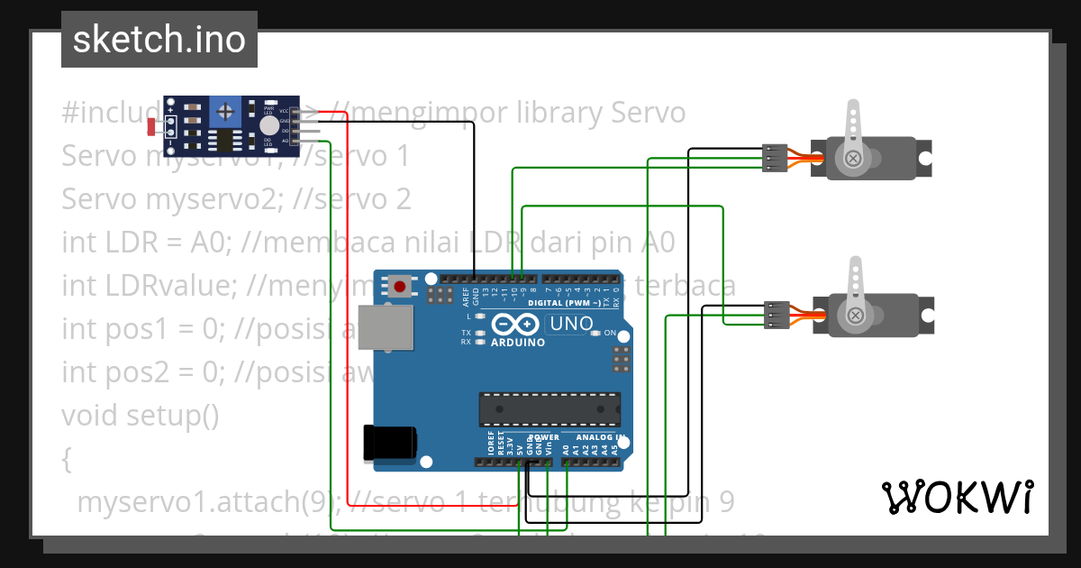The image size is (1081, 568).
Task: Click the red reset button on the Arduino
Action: point(400,287)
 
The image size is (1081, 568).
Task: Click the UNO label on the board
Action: point(571,324)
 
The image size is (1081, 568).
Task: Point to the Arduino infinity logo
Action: point(516,325)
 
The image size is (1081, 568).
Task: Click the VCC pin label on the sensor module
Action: point(285,111)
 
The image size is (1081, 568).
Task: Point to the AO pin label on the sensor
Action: point(285,142)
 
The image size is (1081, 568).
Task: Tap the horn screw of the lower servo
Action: point(853,316)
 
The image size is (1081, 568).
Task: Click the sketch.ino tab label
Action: point(159,40)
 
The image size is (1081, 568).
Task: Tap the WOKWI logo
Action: point(957,497)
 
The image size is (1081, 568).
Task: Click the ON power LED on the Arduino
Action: point(595,334)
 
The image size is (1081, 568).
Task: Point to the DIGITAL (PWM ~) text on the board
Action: point(559,303)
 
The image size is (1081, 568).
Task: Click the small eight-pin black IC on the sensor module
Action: point(220,140)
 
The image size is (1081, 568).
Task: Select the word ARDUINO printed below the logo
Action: point(517,343)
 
